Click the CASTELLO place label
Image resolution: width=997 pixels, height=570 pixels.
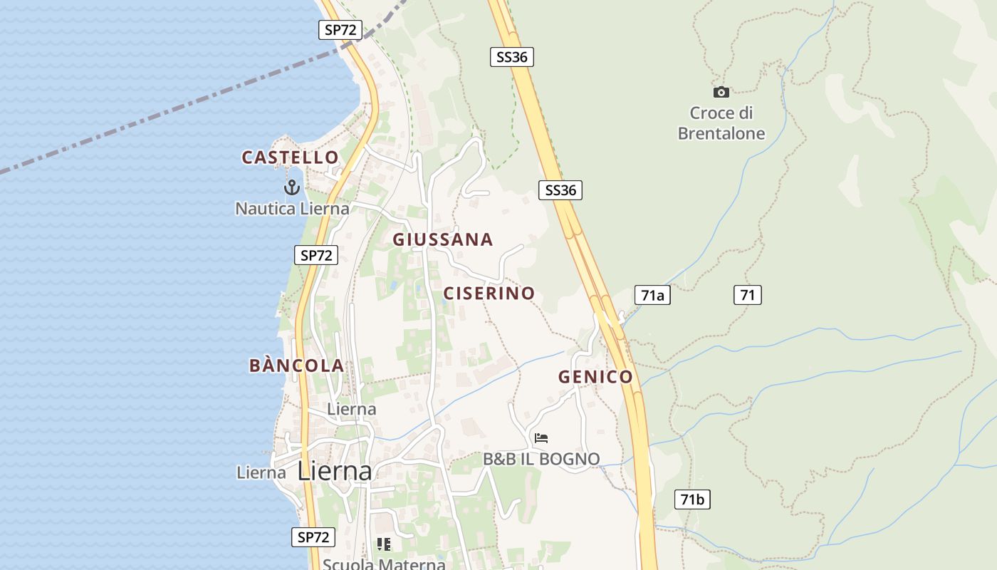[x=290, y=157]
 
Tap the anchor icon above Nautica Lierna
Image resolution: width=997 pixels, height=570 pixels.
[x=291, y=187]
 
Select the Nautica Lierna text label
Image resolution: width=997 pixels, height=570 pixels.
[x=292, y=209]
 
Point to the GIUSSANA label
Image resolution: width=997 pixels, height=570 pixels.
[x=442, y=239]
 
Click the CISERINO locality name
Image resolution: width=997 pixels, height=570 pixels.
[x=489, y=293]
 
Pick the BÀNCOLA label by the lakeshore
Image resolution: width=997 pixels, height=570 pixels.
[x=296, y=366]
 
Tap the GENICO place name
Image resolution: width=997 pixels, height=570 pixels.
[x=595, y=377]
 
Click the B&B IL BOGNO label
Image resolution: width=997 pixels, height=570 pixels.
[x=541, y=460]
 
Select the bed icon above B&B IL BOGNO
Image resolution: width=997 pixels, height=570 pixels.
[x=541, y=438]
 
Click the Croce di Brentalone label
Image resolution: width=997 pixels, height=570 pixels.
[x=721, y=123]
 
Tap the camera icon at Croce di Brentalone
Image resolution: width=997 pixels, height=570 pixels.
[x=721, y=92]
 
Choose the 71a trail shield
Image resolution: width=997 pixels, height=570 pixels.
[x=652, y=295]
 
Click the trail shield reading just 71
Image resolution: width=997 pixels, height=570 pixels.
[x=748, y=295]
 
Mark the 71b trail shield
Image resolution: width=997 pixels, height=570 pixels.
[x=692, y=499]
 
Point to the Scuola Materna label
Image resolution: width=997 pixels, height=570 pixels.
[x=384, y=564]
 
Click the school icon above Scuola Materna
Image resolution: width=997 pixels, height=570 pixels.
[x=384, y=544]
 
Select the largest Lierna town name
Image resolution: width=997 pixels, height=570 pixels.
[x=335, y=471]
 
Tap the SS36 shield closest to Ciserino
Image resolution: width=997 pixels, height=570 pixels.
[x=560, y=190]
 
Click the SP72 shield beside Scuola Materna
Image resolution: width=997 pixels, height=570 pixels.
[x=313, y=537]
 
